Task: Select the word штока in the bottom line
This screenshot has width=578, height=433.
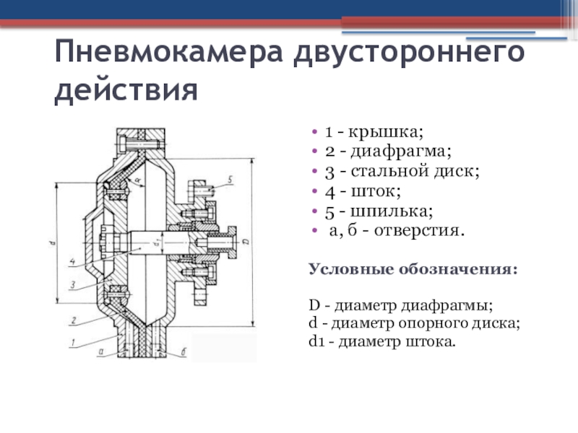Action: [x=433, y=340]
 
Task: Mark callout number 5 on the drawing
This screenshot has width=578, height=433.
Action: [x=228, y=178]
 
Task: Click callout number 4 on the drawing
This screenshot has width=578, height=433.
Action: [x=72, y=260]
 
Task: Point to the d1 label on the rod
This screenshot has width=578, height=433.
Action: [x=157, y=243]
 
